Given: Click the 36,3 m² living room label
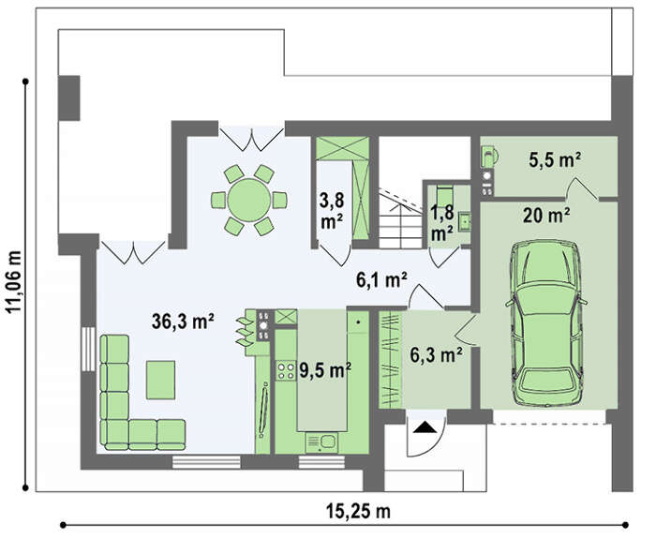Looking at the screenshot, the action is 183,322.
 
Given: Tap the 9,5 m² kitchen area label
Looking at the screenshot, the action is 325,370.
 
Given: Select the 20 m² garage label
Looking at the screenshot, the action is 546,215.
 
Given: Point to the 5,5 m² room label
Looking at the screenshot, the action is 555,159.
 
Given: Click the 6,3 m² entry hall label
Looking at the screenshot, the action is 436,355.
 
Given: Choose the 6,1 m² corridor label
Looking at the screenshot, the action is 381,279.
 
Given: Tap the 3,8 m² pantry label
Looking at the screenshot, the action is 332,211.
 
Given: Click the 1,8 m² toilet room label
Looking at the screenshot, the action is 442,223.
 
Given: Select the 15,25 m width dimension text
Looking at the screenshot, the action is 358,511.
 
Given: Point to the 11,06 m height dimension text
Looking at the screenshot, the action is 14,281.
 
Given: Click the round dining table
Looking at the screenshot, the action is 249,200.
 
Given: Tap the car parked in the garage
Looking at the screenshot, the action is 546,323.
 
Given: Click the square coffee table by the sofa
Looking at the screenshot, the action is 160,380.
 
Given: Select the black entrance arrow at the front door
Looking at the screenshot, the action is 425,427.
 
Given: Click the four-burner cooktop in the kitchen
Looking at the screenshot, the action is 285,370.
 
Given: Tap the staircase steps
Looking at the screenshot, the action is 400,219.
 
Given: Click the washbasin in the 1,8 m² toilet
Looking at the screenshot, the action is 465,221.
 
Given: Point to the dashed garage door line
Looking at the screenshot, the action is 550,424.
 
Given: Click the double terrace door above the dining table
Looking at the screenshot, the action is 252,139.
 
